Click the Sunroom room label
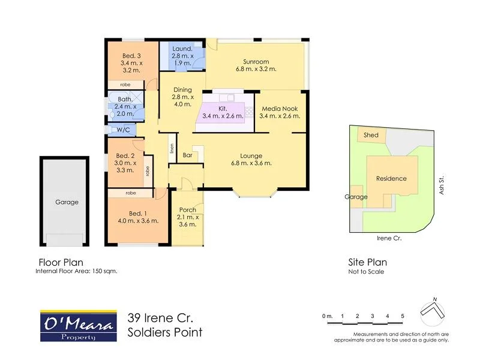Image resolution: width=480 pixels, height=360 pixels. point(256,61)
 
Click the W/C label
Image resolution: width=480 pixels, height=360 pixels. point(123,130)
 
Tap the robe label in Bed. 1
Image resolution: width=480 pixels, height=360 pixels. point(130,193)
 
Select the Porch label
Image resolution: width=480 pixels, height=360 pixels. point(188,210)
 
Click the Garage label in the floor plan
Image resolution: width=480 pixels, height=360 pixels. point(67,202)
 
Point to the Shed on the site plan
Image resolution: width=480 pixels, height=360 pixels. point(371,135)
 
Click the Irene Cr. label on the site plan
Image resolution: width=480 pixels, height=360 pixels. point(389,238)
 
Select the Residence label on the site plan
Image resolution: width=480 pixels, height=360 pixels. point(391,178)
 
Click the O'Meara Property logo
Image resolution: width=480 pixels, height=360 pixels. point(78,325)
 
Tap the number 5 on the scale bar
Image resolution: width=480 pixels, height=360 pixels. point(403,316)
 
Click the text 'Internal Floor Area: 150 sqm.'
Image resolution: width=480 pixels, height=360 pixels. point(76,271)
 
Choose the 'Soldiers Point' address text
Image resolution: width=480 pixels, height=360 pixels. point(165,332)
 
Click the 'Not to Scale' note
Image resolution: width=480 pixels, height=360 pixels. point(366,271)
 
